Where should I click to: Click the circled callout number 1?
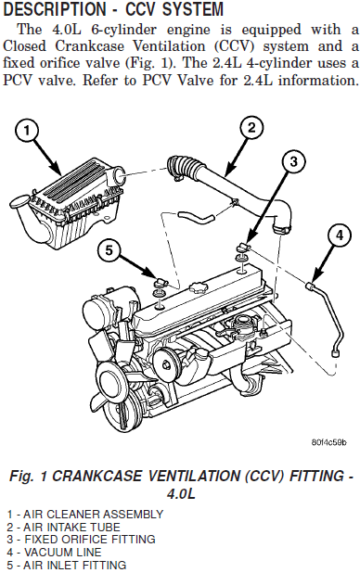click(27, 131)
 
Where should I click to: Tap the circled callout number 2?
click(251, 128)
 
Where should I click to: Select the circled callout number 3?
click(294, 161)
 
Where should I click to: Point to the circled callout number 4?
click(340, 235)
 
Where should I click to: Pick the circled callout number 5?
click(109, 250)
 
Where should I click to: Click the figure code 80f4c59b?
click(329, 442)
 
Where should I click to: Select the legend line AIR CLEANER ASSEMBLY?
click(84, 515)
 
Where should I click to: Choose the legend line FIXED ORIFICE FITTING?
click(81, 539)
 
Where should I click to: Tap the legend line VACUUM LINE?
click(54, 552)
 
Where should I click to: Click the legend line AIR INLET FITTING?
click(67, 565)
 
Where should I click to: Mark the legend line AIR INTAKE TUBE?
click(63, 527)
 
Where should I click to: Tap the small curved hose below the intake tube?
click(196, 216)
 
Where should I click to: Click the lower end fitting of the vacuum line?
click(335, 353)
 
